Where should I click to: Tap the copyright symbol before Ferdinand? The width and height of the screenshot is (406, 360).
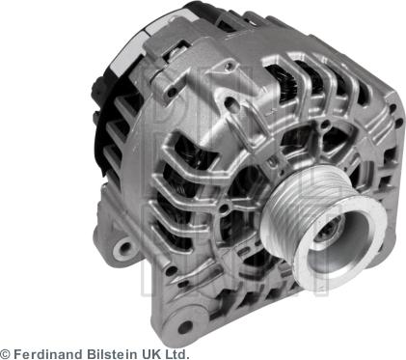pyautogui.click(x=6, y=352)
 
